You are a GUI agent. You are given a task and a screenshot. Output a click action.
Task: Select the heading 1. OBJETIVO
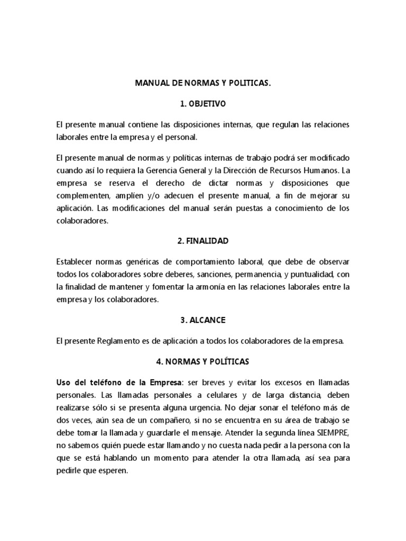(203, 104)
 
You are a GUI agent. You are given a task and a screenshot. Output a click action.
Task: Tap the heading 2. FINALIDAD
(203, 241)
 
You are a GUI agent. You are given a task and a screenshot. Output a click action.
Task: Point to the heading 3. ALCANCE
(203, 321)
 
